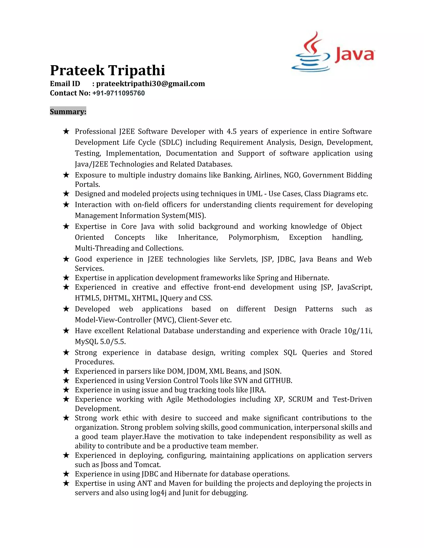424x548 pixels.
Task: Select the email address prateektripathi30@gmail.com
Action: pos(151,84)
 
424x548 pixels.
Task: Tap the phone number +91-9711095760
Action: pos(119,93)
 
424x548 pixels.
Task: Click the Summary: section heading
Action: pos(68,111)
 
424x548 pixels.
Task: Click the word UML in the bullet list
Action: pos(254,194)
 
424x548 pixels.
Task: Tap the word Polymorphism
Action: pos(253,237)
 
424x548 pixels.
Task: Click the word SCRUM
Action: pos(300,399)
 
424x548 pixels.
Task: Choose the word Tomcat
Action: pos(147,465)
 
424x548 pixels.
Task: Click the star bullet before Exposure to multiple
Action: pos(66,175)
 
